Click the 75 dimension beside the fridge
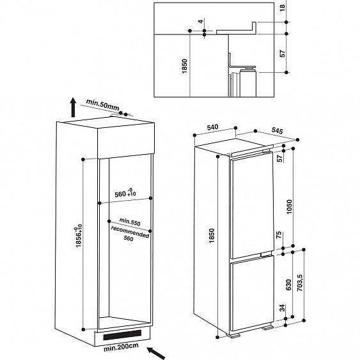[x=278, y=235]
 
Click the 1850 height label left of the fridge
[x=204, y=238]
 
